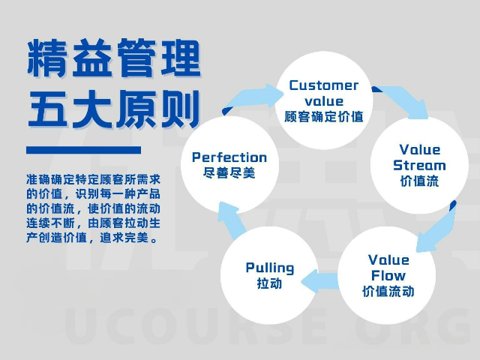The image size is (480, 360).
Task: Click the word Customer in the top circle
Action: [324, 85]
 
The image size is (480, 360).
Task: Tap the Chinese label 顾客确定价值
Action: [324, 117]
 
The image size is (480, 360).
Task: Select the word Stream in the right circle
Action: [419, 165]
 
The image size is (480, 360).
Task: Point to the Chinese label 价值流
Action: [419, 181]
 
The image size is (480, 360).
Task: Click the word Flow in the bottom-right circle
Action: [388, 275]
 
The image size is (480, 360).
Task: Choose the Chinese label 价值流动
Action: [388, 291]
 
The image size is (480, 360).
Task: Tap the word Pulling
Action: [270, 268]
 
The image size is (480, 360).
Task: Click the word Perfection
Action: [229, 157]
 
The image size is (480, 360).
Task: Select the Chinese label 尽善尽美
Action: [229, 172]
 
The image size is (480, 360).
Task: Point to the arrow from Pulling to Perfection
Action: [226, 225]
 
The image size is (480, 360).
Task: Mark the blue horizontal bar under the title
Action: [83, 150]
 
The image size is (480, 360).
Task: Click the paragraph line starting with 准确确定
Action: [93, 180]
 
